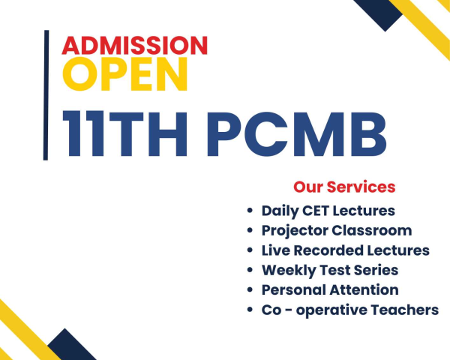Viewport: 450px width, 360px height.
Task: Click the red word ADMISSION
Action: point(134,45)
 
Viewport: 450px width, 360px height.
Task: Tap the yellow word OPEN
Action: point(125,74)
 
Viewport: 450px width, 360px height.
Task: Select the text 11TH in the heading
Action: point(124,133)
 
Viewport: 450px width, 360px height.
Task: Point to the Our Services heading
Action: point(344,187)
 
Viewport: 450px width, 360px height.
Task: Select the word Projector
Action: point(295,231)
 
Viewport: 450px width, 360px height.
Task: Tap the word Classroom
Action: point(372,230)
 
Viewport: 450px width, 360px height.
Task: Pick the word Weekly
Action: point(289,271)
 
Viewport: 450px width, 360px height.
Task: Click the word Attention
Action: point(364,289)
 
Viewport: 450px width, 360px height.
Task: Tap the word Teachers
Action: point(405,310)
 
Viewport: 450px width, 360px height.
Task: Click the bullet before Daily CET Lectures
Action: point(250,211)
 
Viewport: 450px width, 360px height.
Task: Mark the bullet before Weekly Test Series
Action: point(250,270)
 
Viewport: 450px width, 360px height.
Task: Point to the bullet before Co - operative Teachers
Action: point(250,310)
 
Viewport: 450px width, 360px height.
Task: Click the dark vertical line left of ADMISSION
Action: point(46,95)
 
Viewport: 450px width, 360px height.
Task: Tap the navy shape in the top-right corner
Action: point(379,12)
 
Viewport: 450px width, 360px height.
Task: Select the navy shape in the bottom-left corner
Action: point(70,346)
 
